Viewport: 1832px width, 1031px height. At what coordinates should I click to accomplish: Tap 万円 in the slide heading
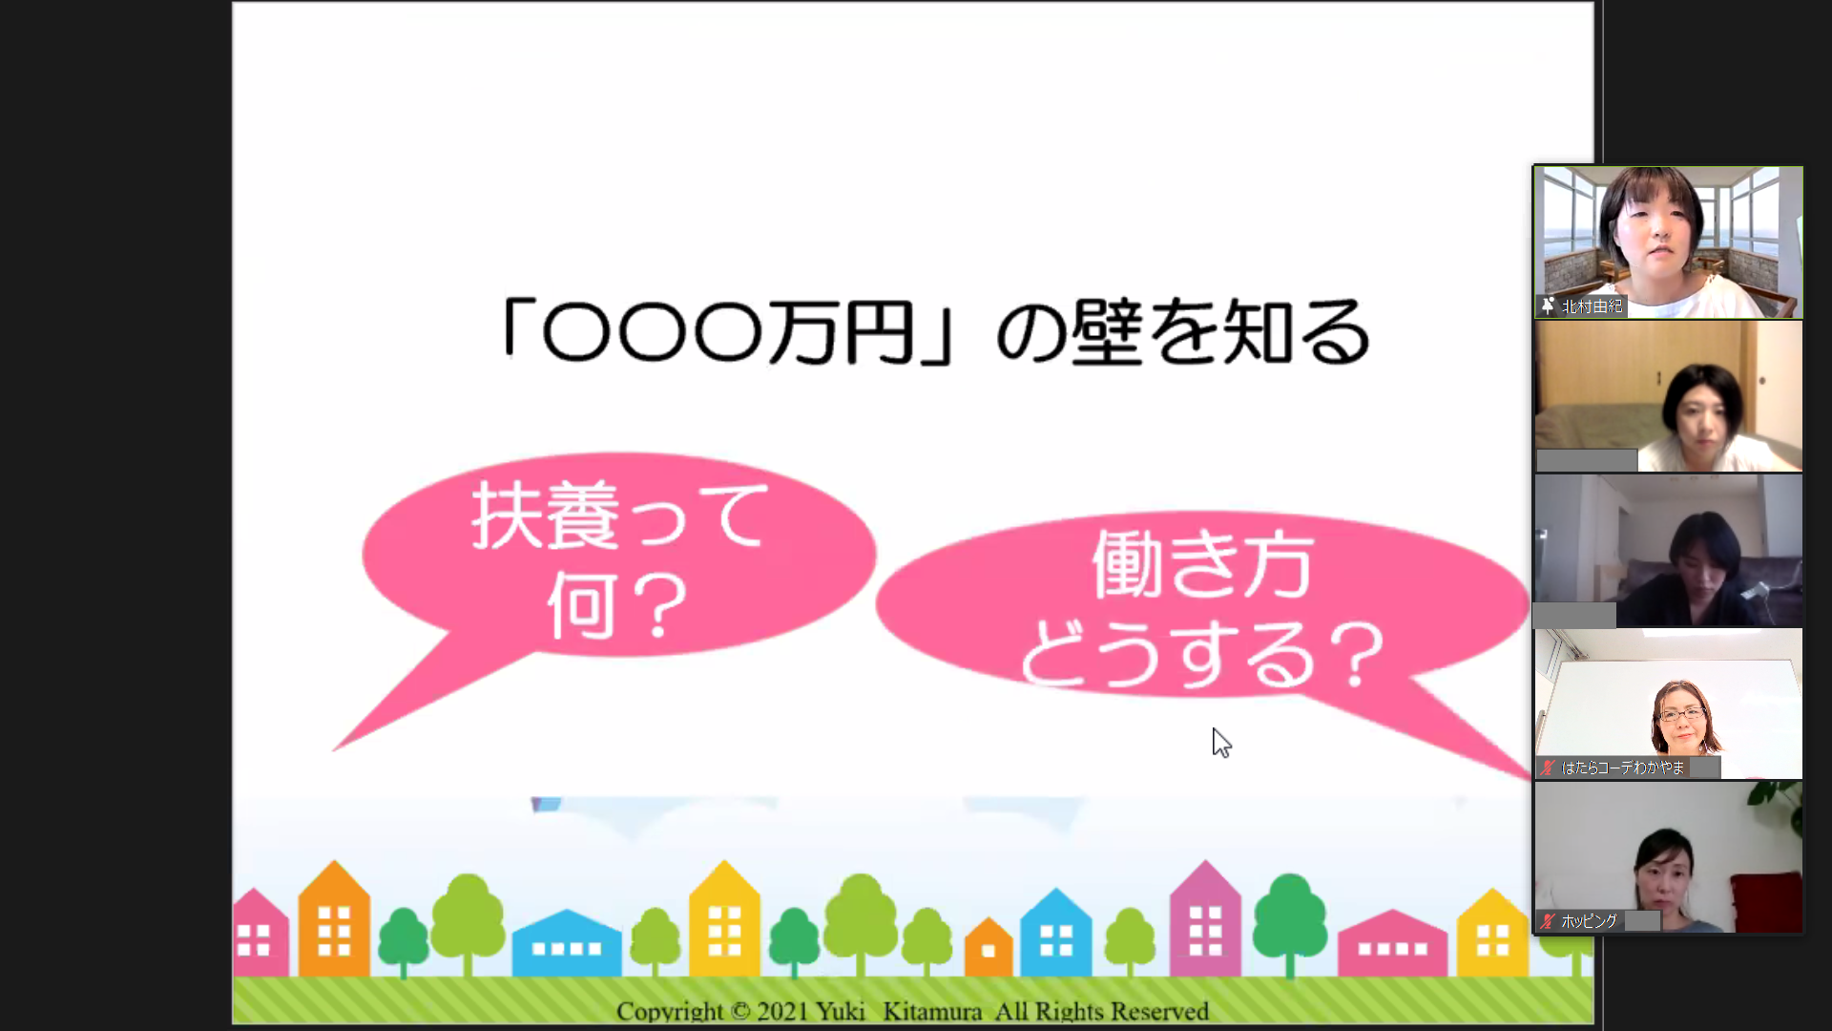(843, 332)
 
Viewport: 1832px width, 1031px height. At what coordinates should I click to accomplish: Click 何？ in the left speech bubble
(617, 605)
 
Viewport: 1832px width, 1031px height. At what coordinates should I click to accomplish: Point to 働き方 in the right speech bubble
(1202, 564)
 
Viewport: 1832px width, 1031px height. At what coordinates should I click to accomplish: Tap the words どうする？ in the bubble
(1202, 654)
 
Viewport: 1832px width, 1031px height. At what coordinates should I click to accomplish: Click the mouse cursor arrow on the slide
(1221, 743)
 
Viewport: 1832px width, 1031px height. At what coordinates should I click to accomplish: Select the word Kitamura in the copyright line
(932, 1011)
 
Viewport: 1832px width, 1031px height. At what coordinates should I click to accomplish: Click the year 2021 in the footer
(782, 1011)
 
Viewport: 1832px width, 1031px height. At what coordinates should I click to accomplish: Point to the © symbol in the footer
(740, 1012)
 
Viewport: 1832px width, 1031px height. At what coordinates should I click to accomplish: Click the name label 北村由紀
(1592, 306)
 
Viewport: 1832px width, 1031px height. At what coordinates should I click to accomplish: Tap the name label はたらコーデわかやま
(1622, 768)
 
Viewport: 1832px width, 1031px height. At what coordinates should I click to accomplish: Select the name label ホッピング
(1589, 921)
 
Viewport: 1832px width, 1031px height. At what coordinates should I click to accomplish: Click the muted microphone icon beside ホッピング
(1548, 921)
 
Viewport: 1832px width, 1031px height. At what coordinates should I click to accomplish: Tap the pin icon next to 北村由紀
(1548, 306)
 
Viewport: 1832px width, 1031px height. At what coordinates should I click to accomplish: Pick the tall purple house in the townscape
(1205, 918)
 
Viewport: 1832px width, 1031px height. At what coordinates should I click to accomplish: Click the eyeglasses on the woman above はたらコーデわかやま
(1682, 714)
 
